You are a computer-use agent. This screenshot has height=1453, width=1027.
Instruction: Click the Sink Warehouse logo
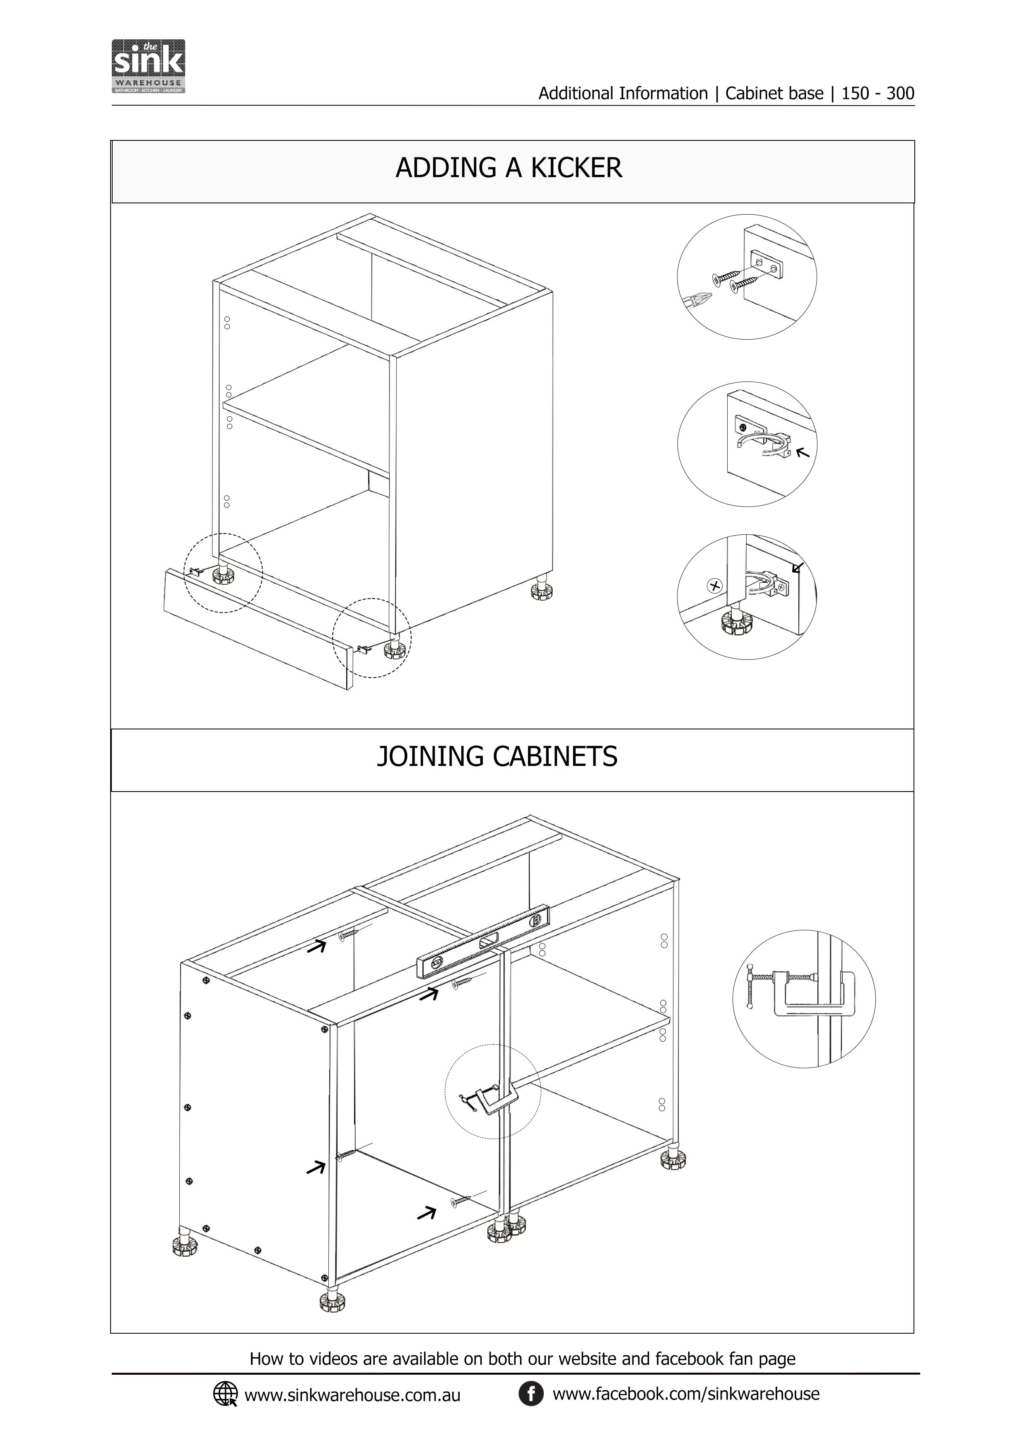(148, 66)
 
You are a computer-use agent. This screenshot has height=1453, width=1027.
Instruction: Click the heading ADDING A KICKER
(509, 168)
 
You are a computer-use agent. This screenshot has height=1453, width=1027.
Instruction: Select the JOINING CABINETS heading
(497, 757)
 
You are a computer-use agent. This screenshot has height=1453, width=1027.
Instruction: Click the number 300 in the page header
(900, 94)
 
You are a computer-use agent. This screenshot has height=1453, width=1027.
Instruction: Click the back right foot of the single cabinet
(542, 591)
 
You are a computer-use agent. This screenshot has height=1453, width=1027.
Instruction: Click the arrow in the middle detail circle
(803, 452)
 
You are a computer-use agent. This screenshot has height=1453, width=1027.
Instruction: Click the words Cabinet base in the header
(774, 94)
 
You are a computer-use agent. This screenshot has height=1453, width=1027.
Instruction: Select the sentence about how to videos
(522, 1359)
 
